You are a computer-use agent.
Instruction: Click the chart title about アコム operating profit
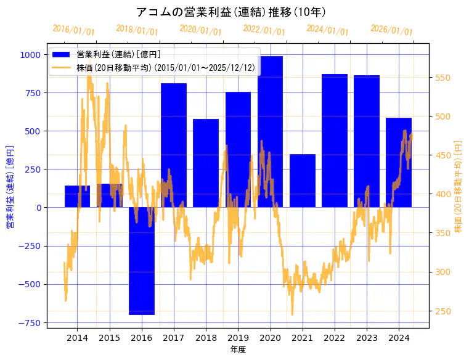[230, 12]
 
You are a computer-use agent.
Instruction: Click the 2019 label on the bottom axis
[238, 338]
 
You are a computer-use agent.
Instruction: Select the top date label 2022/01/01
[264, 30]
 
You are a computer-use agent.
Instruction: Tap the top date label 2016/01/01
[73, 30]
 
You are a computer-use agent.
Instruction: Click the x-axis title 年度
[238, 350]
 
